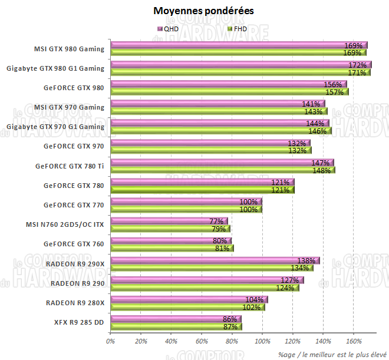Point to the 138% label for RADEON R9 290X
306,260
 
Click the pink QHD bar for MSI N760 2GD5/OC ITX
165,221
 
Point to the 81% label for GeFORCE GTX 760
223,248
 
